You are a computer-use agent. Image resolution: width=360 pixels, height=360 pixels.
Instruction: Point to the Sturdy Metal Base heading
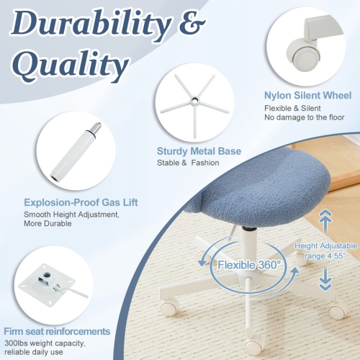point(199,151)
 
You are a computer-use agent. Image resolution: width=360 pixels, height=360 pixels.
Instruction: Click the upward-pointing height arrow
point(324,220)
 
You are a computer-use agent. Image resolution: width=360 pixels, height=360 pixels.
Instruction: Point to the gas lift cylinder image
point(74,153)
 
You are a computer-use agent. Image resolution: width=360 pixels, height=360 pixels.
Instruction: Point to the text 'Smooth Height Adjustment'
point(71,215)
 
